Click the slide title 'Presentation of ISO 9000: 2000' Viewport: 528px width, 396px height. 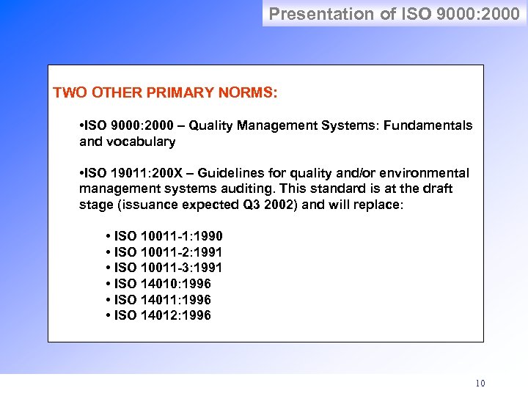[395, 13]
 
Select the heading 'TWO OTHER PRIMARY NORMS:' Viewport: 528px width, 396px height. [165, 94]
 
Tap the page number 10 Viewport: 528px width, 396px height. [480, 383]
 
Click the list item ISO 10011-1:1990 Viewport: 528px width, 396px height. [164, 236]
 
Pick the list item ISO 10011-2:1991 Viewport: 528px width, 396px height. [164, 252]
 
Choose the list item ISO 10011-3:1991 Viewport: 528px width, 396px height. [164, 268]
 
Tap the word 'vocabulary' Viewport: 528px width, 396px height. [140, 142]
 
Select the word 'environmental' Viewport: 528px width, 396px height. [429, 173]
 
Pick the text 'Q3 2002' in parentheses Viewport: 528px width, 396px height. [271, 205]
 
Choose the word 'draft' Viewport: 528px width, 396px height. [437, 188]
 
